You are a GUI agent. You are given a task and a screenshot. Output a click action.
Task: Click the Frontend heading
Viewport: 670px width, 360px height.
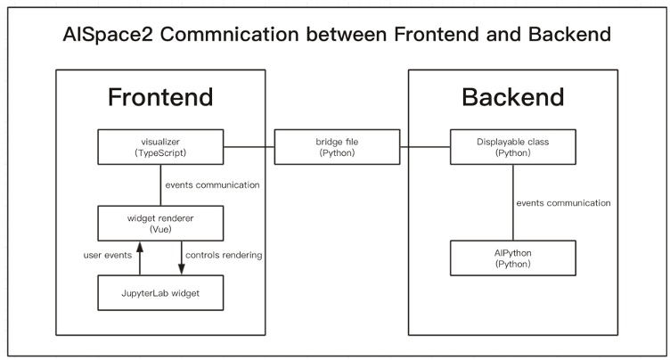click(160, 97)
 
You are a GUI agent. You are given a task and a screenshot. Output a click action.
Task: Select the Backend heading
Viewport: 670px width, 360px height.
click(512, 97)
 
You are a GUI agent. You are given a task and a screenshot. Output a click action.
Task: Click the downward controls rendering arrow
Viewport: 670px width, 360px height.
click(182, 257)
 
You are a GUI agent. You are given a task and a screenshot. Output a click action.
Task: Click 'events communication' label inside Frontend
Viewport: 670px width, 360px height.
click(212, 185)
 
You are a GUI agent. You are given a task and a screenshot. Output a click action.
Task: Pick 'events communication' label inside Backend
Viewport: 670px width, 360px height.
click(563, 203)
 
